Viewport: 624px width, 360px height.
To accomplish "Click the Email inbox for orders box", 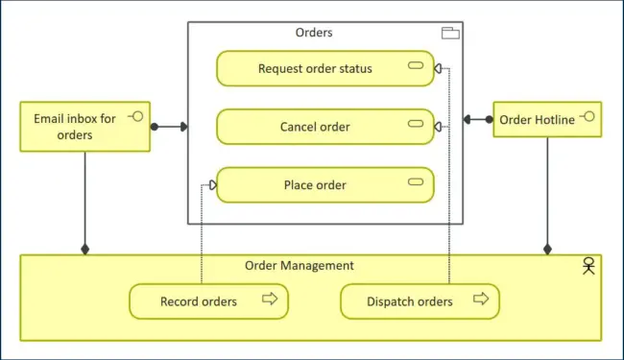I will [85, 127].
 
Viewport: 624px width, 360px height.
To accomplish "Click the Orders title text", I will [314, 33].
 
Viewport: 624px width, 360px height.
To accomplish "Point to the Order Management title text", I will [300, 266].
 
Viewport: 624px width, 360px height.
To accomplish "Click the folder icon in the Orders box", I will [449, 34].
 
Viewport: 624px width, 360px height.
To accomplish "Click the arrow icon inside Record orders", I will [270, 300].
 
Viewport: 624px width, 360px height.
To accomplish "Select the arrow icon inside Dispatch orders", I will [481, 300].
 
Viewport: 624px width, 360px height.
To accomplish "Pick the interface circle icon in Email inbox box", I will [135, 117].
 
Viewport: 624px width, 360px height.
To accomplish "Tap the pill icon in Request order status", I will [416, 66].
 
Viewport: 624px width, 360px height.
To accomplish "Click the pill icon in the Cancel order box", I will [416, 125].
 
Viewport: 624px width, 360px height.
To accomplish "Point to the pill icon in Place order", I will [416, 183].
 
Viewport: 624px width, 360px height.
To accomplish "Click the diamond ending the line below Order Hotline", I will [547, 250].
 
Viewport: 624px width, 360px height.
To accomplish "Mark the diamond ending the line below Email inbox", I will [85, 250].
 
